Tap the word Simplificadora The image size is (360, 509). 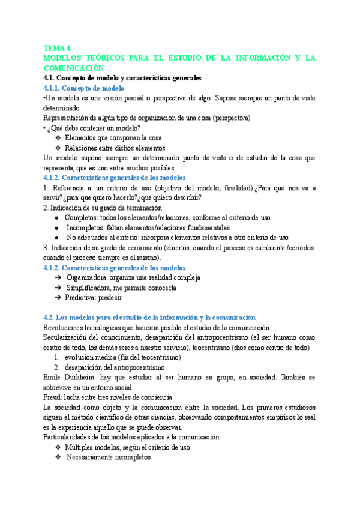point(91,288)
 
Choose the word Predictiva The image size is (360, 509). point(83,298)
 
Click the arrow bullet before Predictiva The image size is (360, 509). point(58,298)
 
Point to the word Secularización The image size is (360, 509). point(68,337)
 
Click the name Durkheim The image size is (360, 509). point(86,377)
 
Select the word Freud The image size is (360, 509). point(54,397)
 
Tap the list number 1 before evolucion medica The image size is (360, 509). point(56,357)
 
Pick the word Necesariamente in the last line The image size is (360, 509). point(95,457)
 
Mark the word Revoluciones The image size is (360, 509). point(68,327)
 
